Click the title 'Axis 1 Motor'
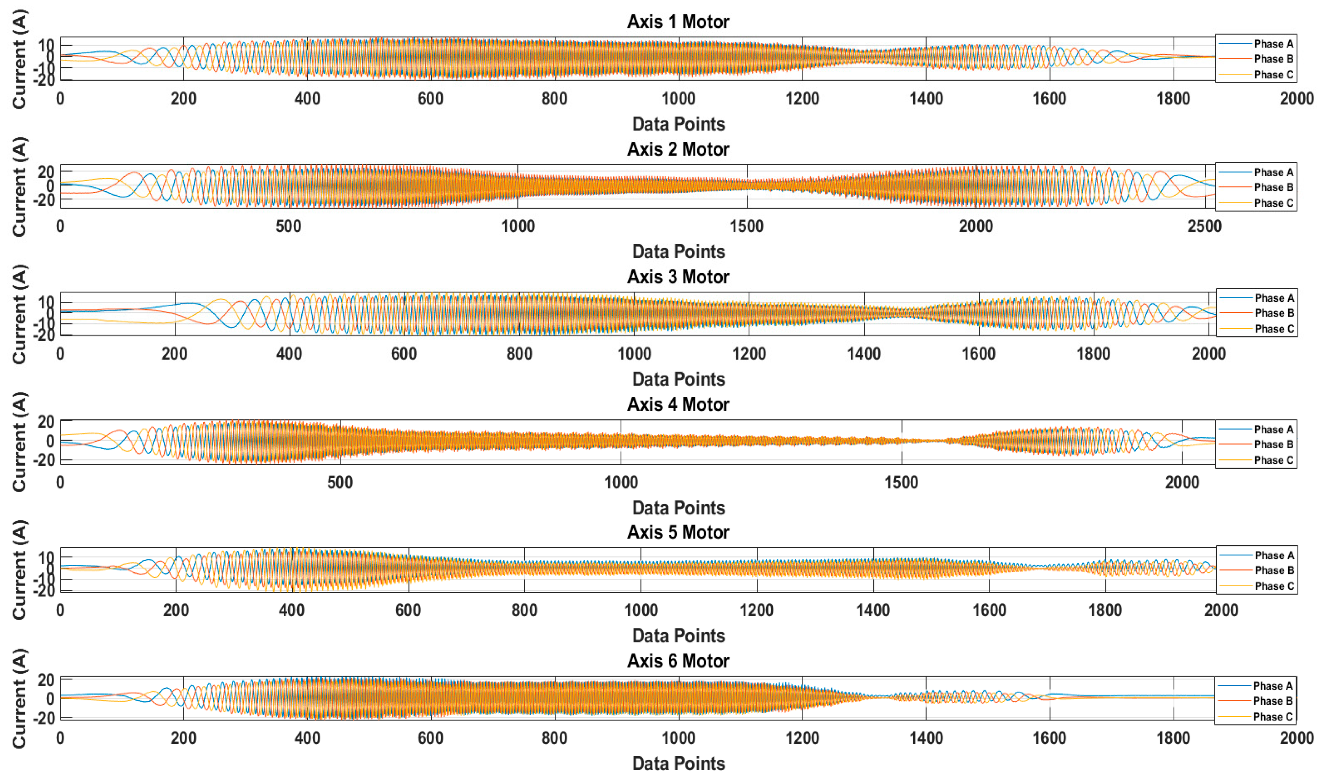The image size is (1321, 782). (x=678, y=22)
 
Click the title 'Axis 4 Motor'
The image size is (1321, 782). (x=678, y=405)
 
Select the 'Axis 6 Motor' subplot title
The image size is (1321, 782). (x=678, y=661)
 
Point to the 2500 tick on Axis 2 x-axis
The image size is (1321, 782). (x=1204, y=227)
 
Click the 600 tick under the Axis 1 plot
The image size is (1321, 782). (x=430, y=99)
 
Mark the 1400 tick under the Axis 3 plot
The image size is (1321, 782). (x=864, y=354)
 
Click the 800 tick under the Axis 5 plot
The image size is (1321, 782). (x=524, y=610)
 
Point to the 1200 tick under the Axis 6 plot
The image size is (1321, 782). (x=802, y=738)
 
